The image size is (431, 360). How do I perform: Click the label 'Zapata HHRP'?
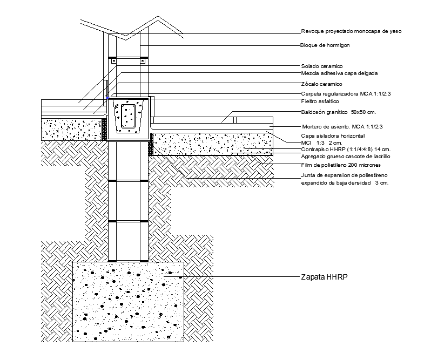(323, 278)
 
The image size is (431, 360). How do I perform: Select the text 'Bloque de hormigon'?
(325, 45)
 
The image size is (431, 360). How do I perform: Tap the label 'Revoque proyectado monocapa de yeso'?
(351, 31)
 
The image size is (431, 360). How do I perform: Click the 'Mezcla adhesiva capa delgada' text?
(339, 73)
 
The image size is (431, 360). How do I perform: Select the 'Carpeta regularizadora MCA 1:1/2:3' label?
(345, 94)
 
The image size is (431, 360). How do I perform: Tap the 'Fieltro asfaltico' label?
(320, 101)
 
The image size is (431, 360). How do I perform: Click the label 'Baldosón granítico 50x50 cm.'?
(338, 112)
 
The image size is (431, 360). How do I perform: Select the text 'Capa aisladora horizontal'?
(333, 135)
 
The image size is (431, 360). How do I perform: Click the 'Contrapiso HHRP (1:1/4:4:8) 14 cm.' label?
(345, 148)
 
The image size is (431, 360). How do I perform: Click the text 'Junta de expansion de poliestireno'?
(344, 176)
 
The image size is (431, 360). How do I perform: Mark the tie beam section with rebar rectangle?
(129, 117)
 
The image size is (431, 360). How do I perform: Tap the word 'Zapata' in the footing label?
(313, 278)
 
